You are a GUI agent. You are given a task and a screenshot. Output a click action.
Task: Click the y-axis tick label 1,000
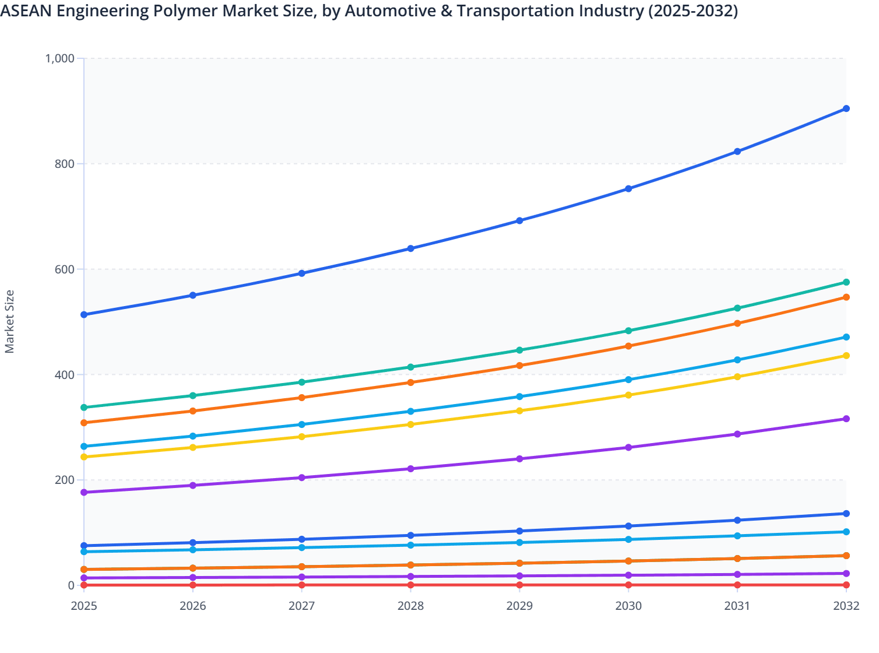tap(59, 58)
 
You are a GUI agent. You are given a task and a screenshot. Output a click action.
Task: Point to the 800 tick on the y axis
tap(65, 164)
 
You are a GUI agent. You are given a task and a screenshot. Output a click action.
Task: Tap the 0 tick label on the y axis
tap(71, 585)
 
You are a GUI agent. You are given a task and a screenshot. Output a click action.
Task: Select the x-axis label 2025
tap(84, 606)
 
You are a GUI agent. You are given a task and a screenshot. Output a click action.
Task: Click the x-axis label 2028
tap(410, 606)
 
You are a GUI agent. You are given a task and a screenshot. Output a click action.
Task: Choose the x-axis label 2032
tap(846, 606)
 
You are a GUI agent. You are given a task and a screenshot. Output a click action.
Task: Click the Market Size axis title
tap(10, 321)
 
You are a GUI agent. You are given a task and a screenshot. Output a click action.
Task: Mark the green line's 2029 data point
tap(519, 350)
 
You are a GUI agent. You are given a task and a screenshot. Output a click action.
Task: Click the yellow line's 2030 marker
tap(628, 395)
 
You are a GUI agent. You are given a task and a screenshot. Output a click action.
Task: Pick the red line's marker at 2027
tap(302, 585)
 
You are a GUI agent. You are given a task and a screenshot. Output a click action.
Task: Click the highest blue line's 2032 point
tap(846, 108)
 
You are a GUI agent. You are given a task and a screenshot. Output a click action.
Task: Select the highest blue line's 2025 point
tap(84, 315)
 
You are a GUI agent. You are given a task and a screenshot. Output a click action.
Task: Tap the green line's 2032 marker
tap(846, 282)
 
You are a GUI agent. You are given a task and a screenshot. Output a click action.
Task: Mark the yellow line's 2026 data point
tap(193, 448)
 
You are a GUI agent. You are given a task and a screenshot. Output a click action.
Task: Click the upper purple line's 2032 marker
tap(846, 419)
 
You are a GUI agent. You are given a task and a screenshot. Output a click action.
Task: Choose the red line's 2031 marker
tap(737, 585)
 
